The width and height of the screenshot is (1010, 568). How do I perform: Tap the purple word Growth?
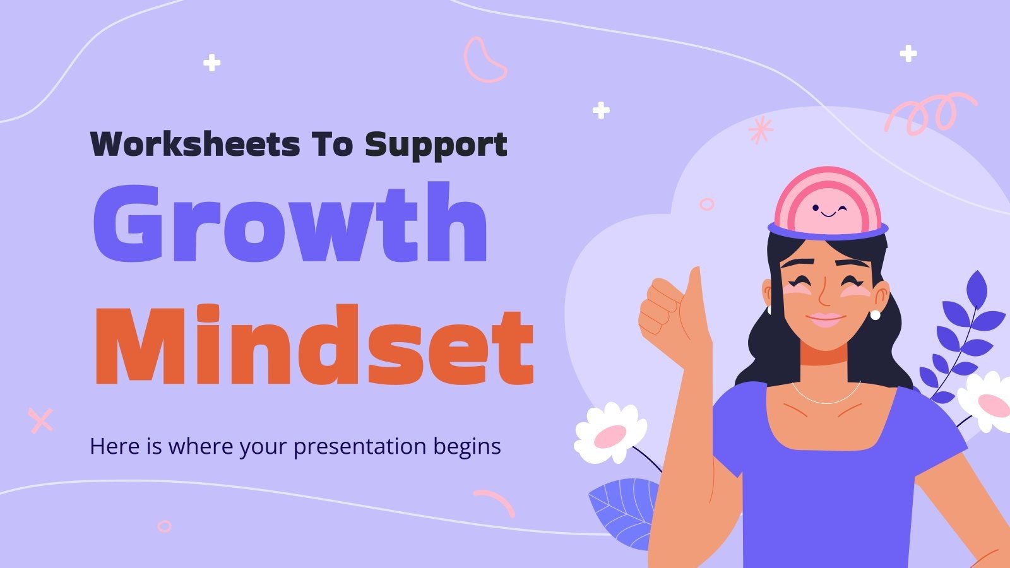(290, 224)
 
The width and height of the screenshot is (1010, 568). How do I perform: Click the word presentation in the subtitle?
(360, 447)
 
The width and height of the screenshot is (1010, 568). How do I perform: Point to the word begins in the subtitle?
(466, 447)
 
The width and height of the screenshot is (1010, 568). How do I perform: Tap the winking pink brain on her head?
(828, 202)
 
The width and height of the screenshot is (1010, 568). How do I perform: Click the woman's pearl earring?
(876, 314)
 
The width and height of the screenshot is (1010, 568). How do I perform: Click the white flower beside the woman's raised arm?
(610, 433)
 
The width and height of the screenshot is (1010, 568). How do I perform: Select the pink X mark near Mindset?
(41, 420)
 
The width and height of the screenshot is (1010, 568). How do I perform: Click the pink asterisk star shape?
(760, 130)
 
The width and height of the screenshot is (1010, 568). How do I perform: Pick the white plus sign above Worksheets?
(212, 63)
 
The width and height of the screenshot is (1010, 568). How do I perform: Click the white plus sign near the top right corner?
(908, 54)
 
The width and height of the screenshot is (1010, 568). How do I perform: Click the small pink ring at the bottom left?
(165, 526)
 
